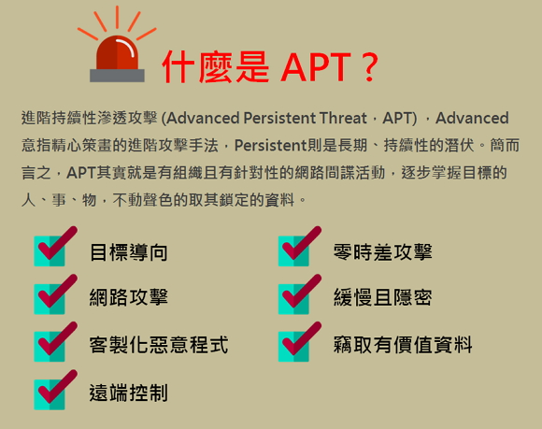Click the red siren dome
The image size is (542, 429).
point(117,52)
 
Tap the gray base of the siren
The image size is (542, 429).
point(117,76)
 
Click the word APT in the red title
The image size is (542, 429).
point(316,67)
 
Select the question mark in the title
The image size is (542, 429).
point(369,67)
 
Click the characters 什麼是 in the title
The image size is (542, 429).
point(215,67)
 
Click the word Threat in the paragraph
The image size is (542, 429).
point(343,118)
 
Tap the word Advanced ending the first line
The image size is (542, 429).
point(472,118)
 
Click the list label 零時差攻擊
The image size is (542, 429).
point(382,252)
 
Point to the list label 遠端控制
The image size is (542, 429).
point(129,393)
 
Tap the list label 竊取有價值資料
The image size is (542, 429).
point(403,345)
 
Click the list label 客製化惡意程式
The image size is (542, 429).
point(159,345)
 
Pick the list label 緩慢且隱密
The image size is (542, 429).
point(382,297)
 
